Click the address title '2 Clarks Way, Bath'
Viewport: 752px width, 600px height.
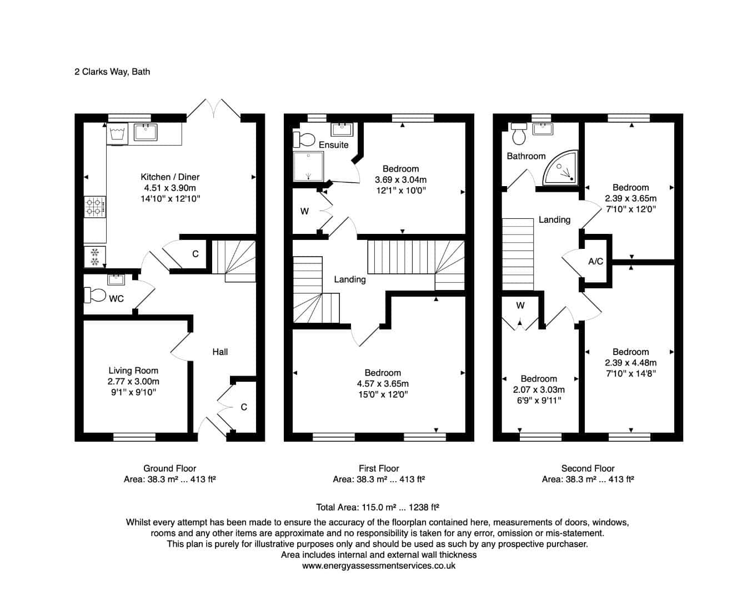point(112,72)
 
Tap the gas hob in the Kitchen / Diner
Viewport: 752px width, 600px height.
point(95,207)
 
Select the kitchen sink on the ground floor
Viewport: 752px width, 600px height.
point(146,132)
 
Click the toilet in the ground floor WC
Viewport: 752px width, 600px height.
point(95,295)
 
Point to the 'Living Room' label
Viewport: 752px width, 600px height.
point(133,371)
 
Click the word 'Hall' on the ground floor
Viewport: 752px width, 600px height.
point(220,352)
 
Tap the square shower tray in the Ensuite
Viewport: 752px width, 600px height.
point(308,167)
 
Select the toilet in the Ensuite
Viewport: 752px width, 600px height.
point(304,139)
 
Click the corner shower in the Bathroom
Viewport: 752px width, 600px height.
point(560,168)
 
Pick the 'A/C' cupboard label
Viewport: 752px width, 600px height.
point(596,261)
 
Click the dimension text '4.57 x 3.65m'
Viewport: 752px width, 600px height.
point(383,383)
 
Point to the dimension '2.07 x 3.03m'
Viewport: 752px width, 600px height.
point(539,389)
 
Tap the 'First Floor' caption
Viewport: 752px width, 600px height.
point(379,468)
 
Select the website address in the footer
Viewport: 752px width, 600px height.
point(379,566)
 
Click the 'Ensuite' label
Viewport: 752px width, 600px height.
point(334,145)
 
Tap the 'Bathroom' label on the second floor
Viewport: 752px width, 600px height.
point(527,156)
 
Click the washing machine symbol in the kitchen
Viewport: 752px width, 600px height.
point(117,133)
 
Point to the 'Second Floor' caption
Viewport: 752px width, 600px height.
point(588,468)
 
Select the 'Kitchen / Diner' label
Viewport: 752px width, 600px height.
point(170,177)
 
